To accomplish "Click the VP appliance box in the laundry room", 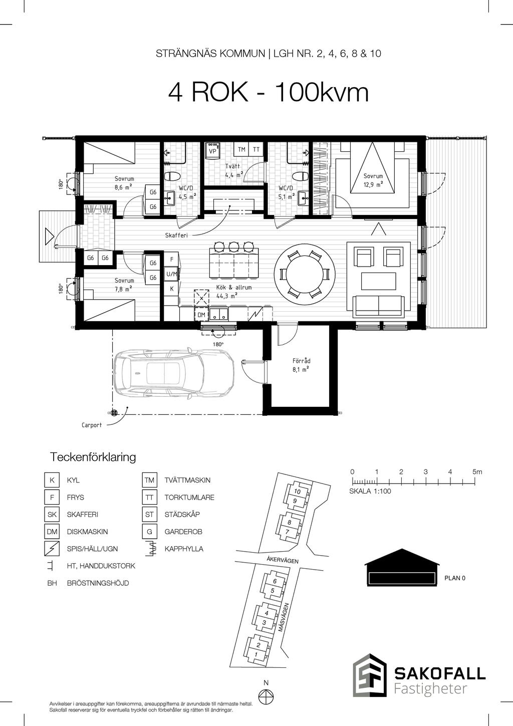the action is coord(212,150).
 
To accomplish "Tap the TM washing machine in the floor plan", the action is coord(241,149).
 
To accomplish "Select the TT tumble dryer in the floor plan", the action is coord(256,149).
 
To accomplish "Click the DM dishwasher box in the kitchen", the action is coord(201,314).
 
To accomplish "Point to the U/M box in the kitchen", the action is coord(171,274).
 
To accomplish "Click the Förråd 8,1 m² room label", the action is coord(301,365).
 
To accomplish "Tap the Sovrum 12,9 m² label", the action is coord(373,180).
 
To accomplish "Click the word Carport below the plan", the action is coord(91,425).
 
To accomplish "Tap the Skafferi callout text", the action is coord(176,235).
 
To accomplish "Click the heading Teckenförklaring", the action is coord(93,457).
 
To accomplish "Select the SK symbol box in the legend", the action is coord(52,515).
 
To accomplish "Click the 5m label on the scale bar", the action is coord(477,472).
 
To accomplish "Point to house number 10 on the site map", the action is coord(297,492).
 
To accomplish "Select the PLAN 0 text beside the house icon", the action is coord(455,578).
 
